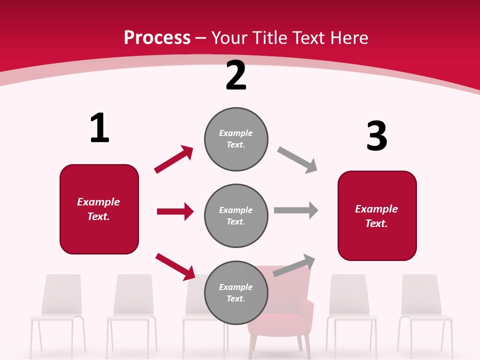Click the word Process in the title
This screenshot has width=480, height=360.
pyautogui.click(x=157, y=37)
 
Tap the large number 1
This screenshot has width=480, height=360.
pyautogui.click(x=99, y=128)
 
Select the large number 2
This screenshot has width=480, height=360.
pyautogui.click(x=236, y=75)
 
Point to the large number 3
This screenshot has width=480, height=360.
pyautogui.click(x=377, y=136)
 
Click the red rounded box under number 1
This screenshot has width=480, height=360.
pyautogui.click(x=99, y=209)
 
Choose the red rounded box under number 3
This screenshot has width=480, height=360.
pyautogui.click(x=377, y=215)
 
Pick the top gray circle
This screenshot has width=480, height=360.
pyautogui.click(x=236, y=139)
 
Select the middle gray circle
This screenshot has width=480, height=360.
pyautogui.click(x=236, y=215)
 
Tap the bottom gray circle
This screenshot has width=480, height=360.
pyautogui.click(x=236, y=292)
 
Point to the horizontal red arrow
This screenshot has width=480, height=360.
pyautogui.click(x=175, y=211)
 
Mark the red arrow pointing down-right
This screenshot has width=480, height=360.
pyautogui.click(x=175, y=266)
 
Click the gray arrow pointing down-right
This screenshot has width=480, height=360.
pyautogui.click(x=297, y=160)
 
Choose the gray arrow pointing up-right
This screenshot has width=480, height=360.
pyautogui.click(x=294, y=265)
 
